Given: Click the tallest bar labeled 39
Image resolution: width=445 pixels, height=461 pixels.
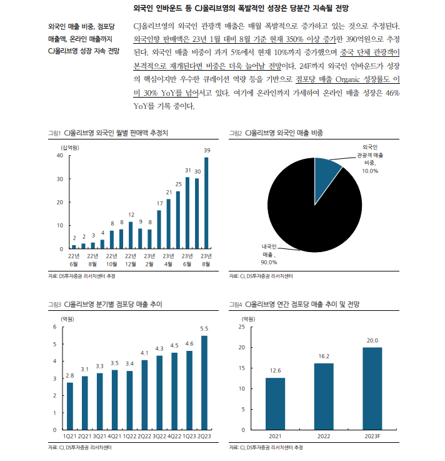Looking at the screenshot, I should [206, 203].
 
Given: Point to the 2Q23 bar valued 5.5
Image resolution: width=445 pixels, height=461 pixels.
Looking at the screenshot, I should [204, 383].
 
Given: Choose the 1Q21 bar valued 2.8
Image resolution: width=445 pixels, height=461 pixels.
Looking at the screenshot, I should [70, 406].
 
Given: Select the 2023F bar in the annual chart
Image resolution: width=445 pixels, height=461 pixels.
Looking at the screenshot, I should [372, 388].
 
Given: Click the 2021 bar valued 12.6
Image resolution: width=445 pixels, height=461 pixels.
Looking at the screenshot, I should [276, 404].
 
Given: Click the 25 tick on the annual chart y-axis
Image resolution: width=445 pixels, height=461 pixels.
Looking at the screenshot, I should [242, 327].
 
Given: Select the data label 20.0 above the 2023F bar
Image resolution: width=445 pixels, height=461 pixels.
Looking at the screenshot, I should [372, 341].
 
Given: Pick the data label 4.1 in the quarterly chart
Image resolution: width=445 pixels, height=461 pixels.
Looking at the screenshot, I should [144, 353].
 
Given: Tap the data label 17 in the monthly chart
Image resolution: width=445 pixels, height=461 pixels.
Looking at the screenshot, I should [159, 203].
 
